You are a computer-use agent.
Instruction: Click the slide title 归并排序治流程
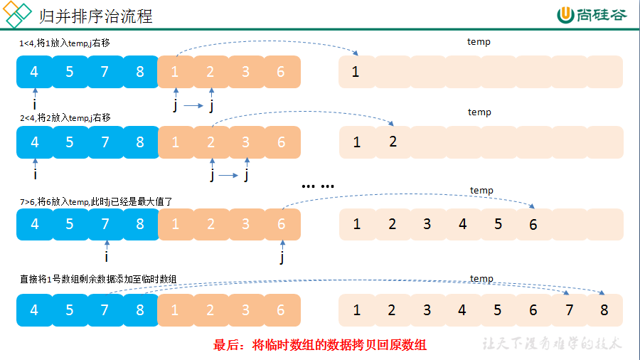(x=95, y=16)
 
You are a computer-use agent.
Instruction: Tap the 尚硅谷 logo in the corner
(x=592, y=15)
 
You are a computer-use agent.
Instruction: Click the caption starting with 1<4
(x=65, y=43)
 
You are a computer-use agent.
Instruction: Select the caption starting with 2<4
(x=65, y=118)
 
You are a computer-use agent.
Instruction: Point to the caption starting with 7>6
(x=96, y=201)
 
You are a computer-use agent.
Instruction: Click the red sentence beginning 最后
(x=319, y=345)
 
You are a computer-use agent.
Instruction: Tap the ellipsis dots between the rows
(x=318, y=186)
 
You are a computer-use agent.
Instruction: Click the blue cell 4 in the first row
(x=34, y=72)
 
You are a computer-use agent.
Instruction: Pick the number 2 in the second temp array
(x=393, y=142)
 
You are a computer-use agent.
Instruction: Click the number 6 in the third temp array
(x=533, y=225)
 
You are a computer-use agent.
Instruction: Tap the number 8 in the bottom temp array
(x=604, y=310)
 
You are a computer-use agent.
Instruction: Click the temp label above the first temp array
(x=479, y=42)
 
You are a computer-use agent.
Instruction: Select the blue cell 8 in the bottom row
(x=140, y=310)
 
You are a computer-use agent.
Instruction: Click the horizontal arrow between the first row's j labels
(x=193, y=106)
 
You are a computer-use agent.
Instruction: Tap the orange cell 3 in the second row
(x=246, y=142)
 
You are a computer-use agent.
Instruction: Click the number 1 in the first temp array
(x=356, y=72)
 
